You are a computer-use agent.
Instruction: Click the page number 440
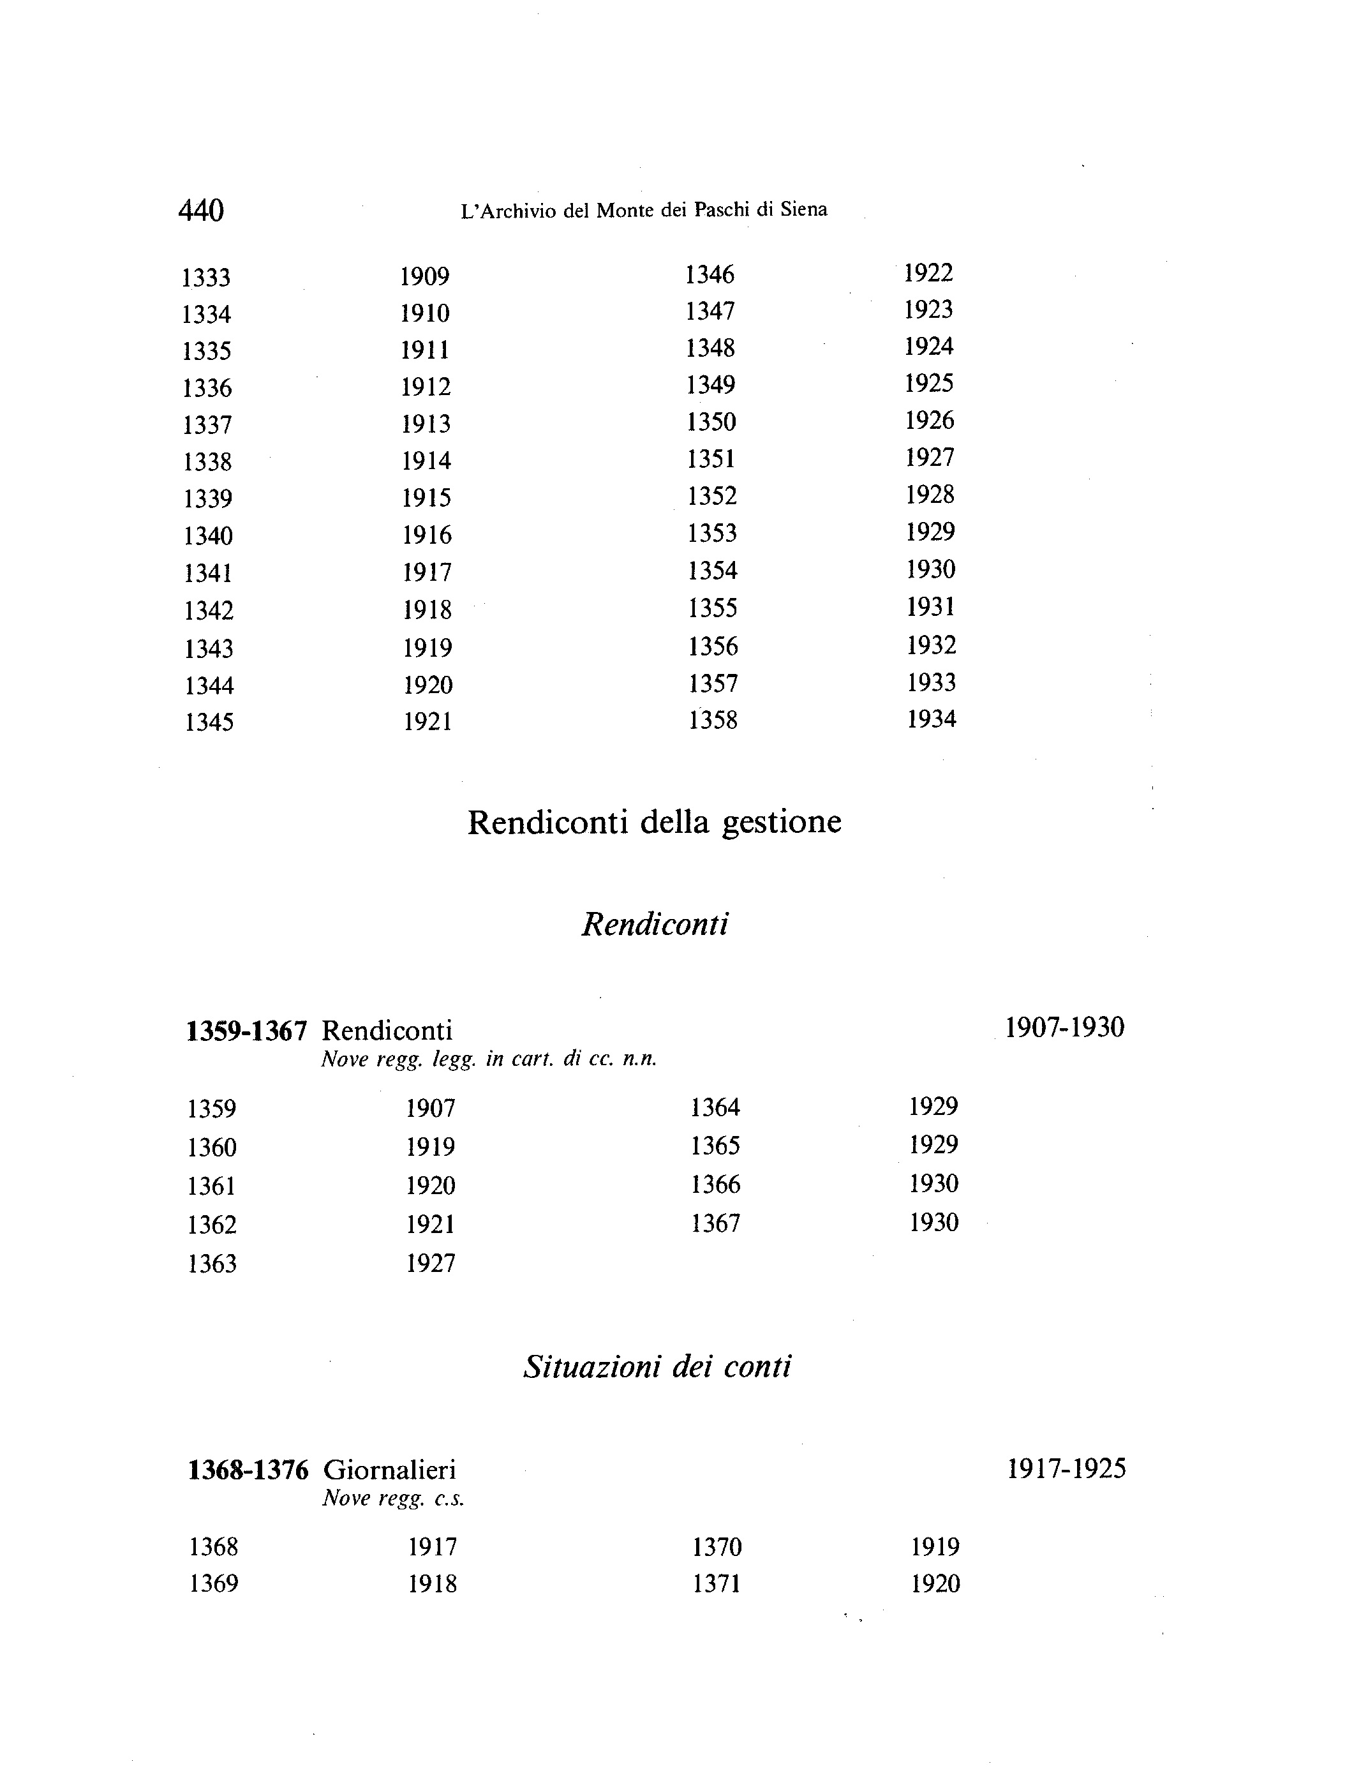pos(200,211)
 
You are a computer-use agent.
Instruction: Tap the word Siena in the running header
pos(804,210)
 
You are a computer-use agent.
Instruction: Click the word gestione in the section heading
pos(782,822)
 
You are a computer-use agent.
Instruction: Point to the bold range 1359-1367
pos(247,1031)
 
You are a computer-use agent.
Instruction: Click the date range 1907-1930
pos(1064,1028)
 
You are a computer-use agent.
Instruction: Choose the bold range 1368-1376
pos(248,1470)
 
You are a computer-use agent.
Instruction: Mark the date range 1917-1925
pos(1066,1469)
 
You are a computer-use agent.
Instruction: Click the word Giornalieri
pos(389,1470)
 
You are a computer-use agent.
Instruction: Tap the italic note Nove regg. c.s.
pos(393,1499)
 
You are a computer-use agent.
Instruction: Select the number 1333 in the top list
pos(206,278)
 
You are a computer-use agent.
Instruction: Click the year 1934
pos(932,719)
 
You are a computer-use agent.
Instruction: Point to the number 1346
pos(710,274)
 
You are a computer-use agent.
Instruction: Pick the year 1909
pos(424,277)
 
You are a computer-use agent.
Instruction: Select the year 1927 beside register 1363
pos(431,1263)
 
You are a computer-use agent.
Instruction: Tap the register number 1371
pos(717,1584)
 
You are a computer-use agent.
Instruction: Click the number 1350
pos(711,422)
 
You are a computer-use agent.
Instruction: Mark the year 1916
pos(427,535)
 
